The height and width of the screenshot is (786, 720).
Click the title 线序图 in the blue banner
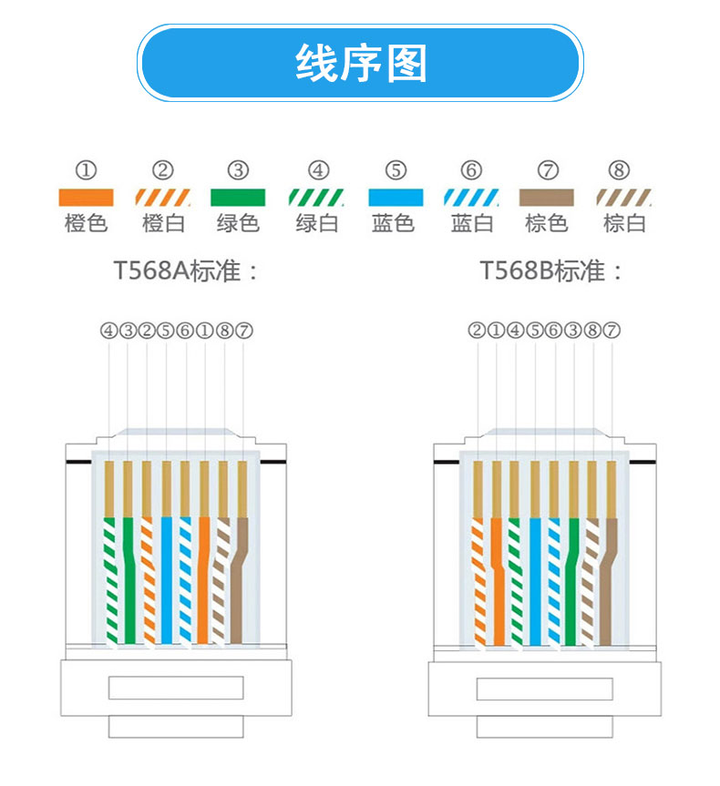(361, 64)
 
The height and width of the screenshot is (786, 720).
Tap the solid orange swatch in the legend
(86, 197)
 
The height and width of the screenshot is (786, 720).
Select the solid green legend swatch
(238, 197)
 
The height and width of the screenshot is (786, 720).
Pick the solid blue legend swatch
(396, 197)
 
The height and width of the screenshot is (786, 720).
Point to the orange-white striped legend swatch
(162, 197)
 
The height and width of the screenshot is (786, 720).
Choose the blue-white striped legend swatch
(471, 197)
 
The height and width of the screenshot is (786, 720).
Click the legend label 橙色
(86, 223)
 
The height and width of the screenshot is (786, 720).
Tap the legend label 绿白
(317, 223)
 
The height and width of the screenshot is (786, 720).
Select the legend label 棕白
(624, 223)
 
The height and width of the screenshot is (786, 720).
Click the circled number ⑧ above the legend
(619, 170)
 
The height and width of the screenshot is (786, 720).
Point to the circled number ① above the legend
(86, 170)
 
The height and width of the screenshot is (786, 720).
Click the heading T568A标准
(186, 271)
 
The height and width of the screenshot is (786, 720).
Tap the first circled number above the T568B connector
(478, 331)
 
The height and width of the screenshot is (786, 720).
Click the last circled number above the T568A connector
(243, 331)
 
